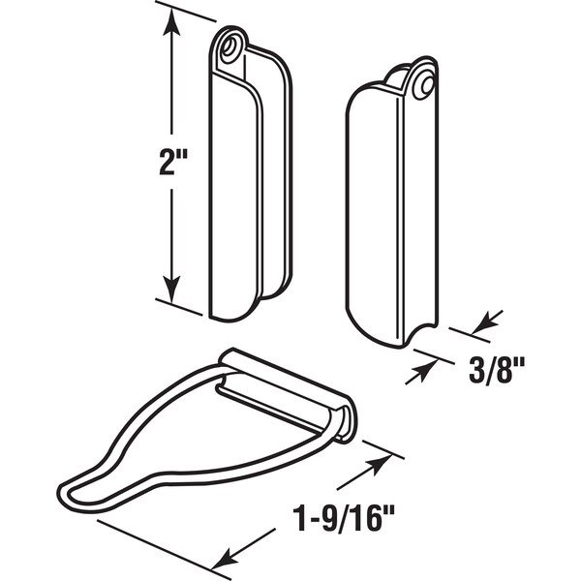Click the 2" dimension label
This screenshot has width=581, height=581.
pyautogui.click(x=173, y=162)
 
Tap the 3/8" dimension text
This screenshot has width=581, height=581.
pyautogui.click(x=497, y=370)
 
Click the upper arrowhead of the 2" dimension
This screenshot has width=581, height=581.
pyautogui.click(x=171, y=22)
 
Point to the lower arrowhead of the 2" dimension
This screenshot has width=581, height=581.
pyautogui.click(x=171, y=289)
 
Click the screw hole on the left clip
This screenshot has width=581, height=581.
pyautogui.click(x=229, y=47)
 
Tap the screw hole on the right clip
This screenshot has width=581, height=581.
pyautogui.click(x=427, y=85)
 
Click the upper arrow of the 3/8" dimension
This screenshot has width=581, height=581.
pyautogui.click(x=487, y=322)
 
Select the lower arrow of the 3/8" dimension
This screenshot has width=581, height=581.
pyautogui.click(x=421, y=373)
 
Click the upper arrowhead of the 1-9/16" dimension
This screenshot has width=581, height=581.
pyautogui.click(x=381, y=465)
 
